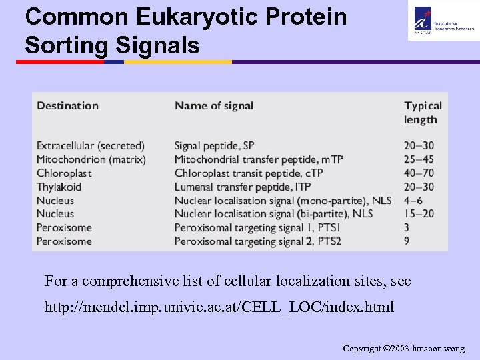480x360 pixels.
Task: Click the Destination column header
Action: pyautogui.click(x=67, y=105)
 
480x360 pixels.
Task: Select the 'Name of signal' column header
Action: pyautogui.click(x=214, y=105)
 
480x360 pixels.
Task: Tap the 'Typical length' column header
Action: pyautogui.click(x=423, y=113)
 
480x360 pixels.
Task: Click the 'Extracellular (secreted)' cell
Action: pyautogui.click(x=91, y=145)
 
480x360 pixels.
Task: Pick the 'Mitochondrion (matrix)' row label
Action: pyautogui.click(x=91, y=159)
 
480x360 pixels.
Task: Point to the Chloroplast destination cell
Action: pyautogui.click(x=64, y=173)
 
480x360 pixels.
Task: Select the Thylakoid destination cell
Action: pyautogui.click(x=59, y=187)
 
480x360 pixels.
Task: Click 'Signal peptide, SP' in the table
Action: pyautogui.click(x=215, y=145)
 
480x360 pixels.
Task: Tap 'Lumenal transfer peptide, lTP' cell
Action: pyautogui.click(x=243, y=187)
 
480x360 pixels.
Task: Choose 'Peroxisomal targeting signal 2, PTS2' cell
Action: pyautogui.click(x=258, y=241)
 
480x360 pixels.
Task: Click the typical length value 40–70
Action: pyautogui.click(x=419, y=173)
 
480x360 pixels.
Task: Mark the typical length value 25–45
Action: pyautogui.click(x=419, y=159)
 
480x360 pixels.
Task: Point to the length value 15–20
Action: pyautogui.click(x=419, y=214)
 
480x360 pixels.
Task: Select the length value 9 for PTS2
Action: pyautogui.click(x=407, y=241)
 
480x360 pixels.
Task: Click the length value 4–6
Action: pyautogui.click(x=413, y=201)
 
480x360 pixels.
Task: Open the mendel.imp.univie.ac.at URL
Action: pyautogui.click(x=219, y=307)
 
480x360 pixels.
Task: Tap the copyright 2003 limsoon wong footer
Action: pyautogui.click(x=403, y=349)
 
